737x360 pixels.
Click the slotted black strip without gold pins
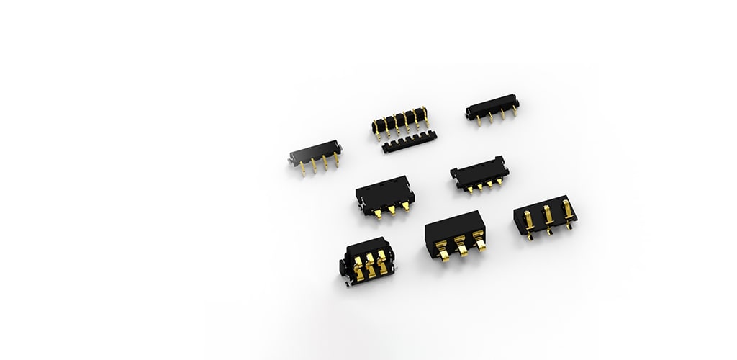pyautogui.click(x=409, y=143)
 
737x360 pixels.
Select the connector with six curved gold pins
pyautogui.click(x=400, y=122)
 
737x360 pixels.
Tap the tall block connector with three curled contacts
pyautogui.click(x=455, y=234)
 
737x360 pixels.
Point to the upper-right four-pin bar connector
pyautogui.click(x=492, y=108)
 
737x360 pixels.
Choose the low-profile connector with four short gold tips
pyautogui.click(x=479, y=176)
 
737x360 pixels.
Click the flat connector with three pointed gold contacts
pyautogui.click(x=385, y=195)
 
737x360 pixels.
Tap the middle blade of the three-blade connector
pyautogui.click(x=547, y=217)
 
